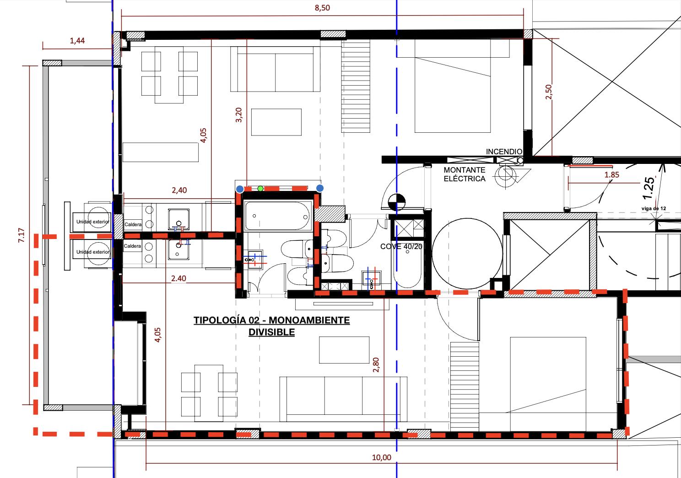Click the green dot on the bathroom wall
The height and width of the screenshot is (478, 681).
260,189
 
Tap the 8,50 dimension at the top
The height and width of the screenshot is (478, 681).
322,8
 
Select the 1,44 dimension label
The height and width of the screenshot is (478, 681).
77,40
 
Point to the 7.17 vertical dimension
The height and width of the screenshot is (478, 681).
21,235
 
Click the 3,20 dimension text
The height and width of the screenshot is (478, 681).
238,115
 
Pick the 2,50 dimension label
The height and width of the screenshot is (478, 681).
548,92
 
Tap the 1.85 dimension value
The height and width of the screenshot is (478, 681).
612,174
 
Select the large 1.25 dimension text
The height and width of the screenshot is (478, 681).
649,188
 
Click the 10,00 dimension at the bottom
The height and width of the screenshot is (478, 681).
382,457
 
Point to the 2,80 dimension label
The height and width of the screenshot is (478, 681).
376,365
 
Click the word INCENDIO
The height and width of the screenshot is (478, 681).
504,152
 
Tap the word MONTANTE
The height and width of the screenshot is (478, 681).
464,170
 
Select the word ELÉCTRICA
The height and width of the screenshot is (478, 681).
464,179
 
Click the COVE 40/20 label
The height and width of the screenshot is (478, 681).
401,246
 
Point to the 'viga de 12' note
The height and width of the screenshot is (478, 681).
654,209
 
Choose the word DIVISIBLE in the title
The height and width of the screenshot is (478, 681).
272,332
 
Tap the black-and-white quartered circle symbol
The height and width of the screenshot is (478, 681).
397,202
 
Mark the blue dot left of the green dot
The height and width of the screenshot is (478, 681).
240,190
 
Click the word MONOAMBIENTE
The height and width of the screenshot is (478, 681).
309,320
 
